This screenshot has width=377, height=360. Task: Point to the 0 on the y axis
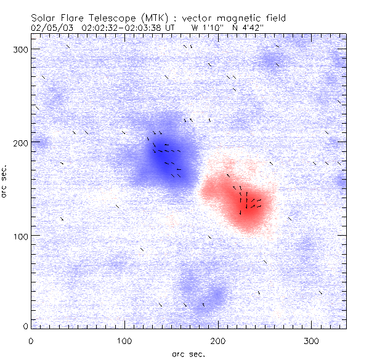click(x=25, y=326)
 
